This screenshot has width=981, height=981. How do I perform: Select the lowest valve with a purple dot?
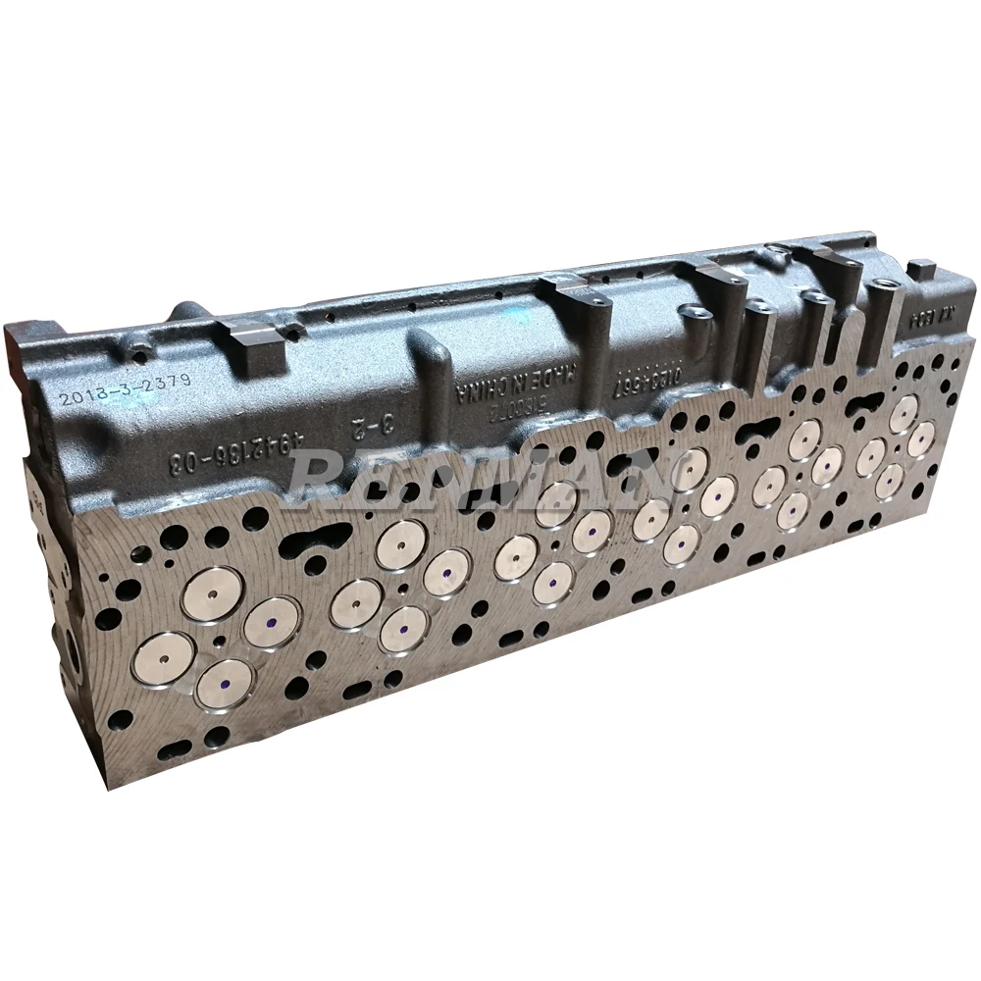click(226, 683)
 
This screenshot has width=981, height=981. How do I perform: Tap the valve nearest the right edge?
click(922, 439)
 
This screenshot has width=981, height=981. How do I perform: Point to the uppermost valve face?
click(903, 414)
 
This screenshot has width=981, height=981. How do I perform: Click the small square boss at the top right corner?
click(920, 269)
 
